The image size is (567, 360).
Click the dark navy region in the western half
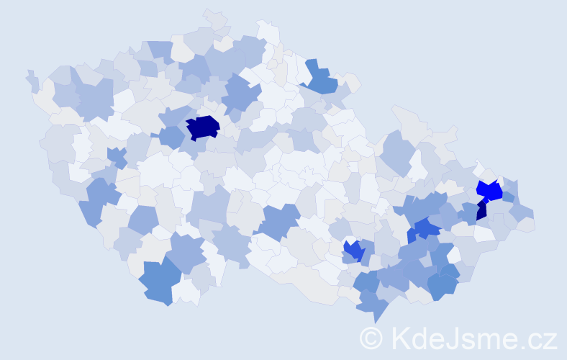coord(202,127)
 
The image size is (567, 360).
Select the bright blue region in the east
coord(490,190)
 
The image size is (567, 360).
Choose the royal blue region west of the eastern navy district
coord(426,229)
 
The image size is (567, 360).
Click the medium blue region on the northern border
coord(319,78)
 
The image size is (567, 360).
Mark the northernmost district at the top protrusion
coord(214,18)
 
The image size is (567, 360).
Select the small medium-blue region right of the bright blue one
coord(508,197)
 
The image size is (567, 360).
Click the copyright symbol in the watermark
coord(372,338)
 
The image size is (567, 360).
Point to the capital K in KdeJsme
coord(402,338)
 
